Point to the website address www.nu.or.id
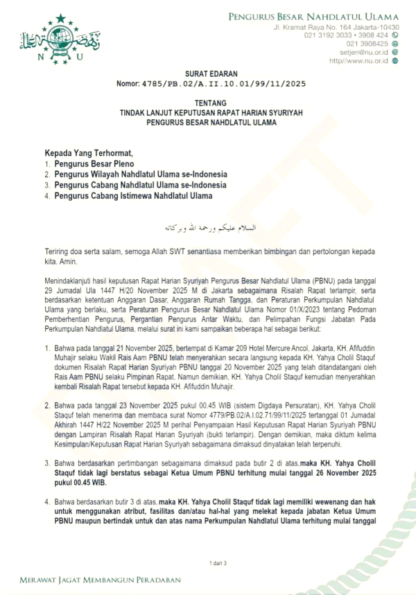tap(367, 60)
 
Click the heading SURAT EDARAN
tap(207, 72)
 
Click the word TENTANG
tap(207, 101)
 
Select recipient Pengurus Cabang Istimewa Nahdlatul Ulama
tap(133, 196)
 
